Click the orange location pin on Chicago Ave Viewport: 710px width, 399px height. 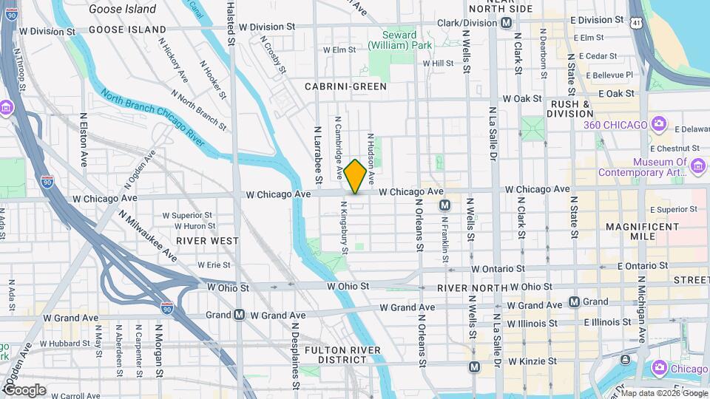[x=355, y=176]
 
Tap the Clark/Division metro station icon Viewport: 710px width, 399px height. [x=506, y=23]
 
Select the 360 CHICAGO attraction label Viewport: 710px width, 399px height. [x=615, y=124]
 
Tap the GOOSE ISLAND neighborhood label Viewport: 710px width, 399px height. [x=127, y=30]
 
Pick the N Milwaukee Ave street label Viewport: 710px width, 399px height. [x=148, y=235]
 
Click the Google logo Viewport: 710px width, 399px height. [x=24, y=389]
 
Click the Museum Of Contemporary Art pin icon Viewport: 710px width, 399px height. [x=697, y=167]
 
